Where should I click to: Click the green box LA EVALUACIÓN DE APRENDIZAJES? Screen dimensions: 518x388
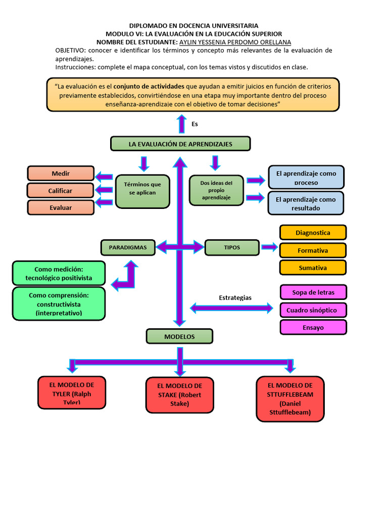click(180, 144)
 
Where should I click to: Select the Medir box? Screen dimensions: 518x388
click(61, 174)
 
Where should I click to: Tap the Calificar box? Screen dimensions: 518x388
click(61, 191)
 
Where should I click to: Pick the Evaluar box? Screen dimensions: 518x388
click(61, 207)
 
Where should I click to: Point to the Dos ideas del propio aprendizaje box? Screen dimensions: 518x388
click(216, 190)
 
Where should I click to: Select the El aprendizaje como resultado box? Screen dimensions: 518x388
click(306, 203)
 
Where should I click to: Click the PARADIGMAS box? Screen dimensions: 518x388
click(128, 247)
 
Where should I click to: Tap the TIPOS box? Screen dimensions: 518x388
click(232, 247)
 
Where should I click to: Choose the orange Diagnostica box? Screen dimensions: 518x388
click(313, 233)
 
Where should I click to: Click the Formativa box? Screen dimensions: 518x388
click(313, 250)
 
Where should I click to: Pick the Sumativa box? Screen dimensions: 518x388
click(313, 268)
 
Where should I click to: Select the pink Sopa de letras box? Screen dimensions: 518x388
click(313, 292)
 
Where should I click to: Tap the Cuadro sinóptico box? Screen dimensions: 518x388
click(313, 310)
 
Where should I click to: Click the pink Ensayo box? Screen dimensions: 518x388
click(313, 327)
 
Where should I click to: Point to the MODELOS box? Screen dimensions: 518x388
click(179, 336)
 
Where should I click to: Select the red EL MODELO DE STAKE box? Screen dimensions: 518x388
click(179, 395)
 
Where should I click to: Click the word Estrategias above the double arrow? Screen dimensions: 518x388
click(235, 297)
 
